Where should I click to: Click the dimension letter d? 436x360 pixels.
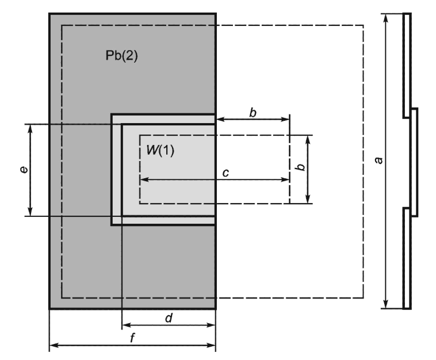pos(169,317)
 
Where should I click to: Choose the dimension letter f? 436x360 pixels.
pos(132,338)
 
